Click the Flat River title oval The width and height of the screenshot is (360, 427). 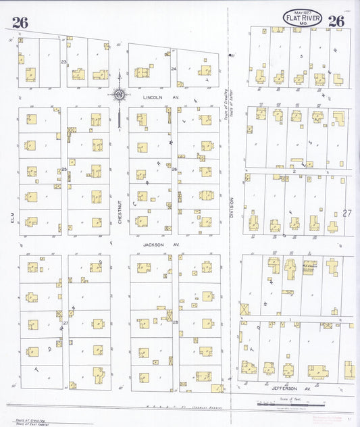coord(302,18)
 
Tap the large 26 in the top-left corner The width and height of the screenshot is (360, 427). coord(20,22)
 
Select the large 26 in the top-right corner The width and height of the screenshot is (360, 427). coord(336,21)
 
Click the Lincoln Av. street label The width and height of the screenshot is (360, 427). coord(154,97)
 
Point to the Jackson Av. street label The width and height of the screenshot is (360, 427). coord(153,245)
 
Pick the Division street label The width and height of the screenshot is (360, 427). coord(231,206)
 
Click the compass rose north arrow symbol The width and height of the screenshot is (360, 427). coord(119,95)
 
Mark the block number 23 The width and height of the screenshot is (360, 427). coord(64,62)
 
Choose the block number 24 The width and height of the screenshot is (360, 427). coord(174,68)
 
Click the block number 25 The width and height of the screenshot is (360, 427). coord(64,169)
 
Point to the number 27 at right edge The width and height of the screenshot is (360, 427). coord(347,213)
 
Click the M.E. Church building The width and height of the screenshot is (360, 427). coord(310,268)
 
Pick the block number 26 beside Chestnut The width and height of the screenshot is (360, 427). coord(174,169)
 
